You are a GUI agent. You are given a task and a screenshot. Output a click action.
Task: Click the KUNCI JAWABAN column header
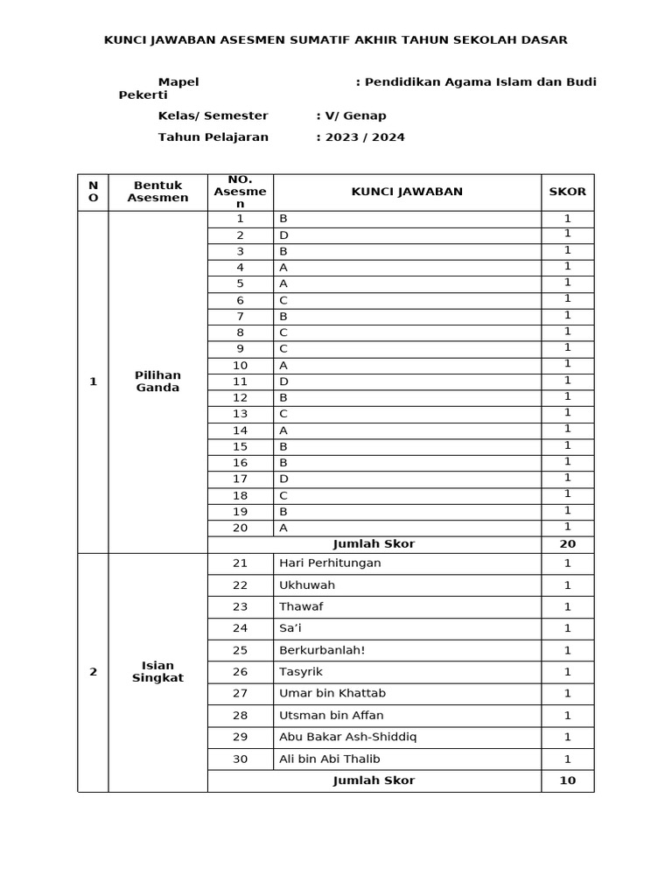pyautogui.click(x=407, y=192)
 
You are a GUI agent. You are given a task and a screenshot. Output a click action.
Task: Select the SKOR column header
pyautogui.click(x=567, y=192)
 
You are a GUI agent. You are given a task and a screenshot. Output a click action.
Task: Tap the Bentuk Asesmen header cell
pyautogui.click(x=157, y=192)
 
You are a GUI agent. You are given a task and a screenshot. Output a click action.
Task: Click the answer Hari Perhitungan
pyautogui.click(x=330, y=563)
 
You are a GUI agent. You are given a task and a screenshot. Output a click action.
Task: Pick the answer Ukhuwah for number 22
pyautogui.click(x=307, y=584)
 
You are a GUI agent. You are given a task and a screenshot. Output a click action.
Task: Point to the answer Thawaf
pyautogui.click(x=300, y=606)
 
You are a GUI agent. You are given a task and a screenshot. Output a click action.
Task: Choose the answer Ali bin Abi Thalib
pyautogui.click(x=330, y=759)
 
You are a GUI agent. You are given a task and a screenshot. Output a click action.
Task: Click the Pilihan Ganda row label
pyautogui.click(x=157, y=381)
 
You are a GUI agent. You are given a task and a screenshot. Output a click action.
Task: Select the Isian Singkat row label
pyautogui.click(x=157, y=672)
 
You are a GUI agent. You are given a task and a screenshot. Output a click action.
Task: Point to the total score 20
pyautogui.click(x=567, y=543)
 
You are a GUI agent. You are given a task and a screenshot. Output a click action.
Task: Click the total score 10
pyautogui.click(x=567, y=780)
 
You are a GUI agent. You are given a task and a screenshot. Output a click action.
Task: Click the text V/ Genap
pyautogui.click(x=353, y=115)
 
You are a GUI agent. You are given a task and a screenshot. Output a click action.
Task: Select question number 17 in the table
pyautogui.click(x=240, y=479)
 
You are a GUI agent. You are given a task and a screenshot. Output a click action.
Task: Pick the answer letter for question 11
pyautogui.click(x=283, y=381)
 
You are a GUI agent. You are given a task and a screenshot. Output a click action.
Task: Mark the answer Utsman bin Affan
pyautogui.click(x=331, y=715)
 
